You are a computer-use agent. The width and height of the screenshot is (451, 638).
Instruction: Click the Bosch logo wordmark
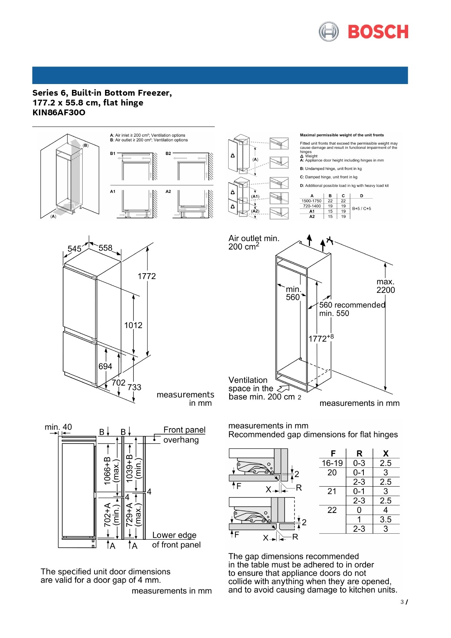point(378,32)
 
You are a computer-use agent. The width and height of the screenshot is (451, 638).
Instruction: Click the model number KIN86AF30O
point(59,112)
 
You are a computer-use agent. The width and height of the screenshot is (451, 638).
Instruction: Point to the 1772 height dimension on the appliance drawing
point(146,276)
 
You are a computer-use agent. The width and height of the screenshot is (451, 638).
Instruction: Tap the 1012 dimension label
point(133,326)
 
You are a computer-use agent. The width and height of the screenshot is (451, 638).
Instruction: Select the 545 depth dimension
point(75,249)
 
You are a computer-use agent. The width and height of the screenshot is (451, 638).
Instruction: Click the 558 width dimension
point(105,248)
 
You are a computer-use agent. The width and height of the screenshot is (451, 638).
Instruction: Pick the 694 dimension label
point(105,366)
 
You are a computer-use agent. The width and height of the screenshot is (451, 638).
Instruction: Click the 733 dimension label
point(134,387)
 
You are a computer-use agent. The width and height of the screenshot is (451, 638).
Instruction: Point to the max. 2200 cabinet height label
point(386,286)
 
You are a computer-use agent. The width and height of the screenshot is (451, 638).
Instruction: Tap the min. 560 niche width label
point(293,293)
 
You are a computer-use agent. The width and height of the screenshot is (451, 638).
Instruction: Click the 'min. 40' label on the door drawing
point(58,427)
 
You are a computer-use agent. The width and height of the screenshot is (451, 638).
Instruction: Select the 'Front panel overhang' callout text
point(184,435)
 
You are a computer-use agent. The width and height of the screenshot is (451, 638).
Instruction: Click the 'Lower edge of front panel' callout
point(176,540)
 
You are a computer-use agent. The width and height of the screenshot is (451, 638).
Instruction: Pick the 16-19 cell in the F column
point(332,463)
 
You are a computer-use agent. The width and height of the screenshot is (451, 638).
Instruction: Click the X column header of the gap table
point(386,454)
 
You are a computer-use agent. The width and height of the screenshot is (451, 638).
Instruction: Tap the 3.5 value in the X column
point(386,519)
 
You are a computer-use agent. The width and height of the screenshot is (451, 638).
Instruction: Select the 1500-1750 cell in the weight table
point(311,201)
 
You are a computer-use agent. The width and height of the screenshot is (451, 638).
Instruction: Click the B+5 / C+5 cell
point(362,209)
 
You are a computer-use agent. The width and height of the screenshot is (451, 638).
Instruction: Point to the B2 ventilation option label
point(168,153)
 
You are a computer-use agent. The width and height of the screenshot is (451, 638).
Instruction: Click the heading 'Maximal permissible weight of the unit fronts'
point(342,135)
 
